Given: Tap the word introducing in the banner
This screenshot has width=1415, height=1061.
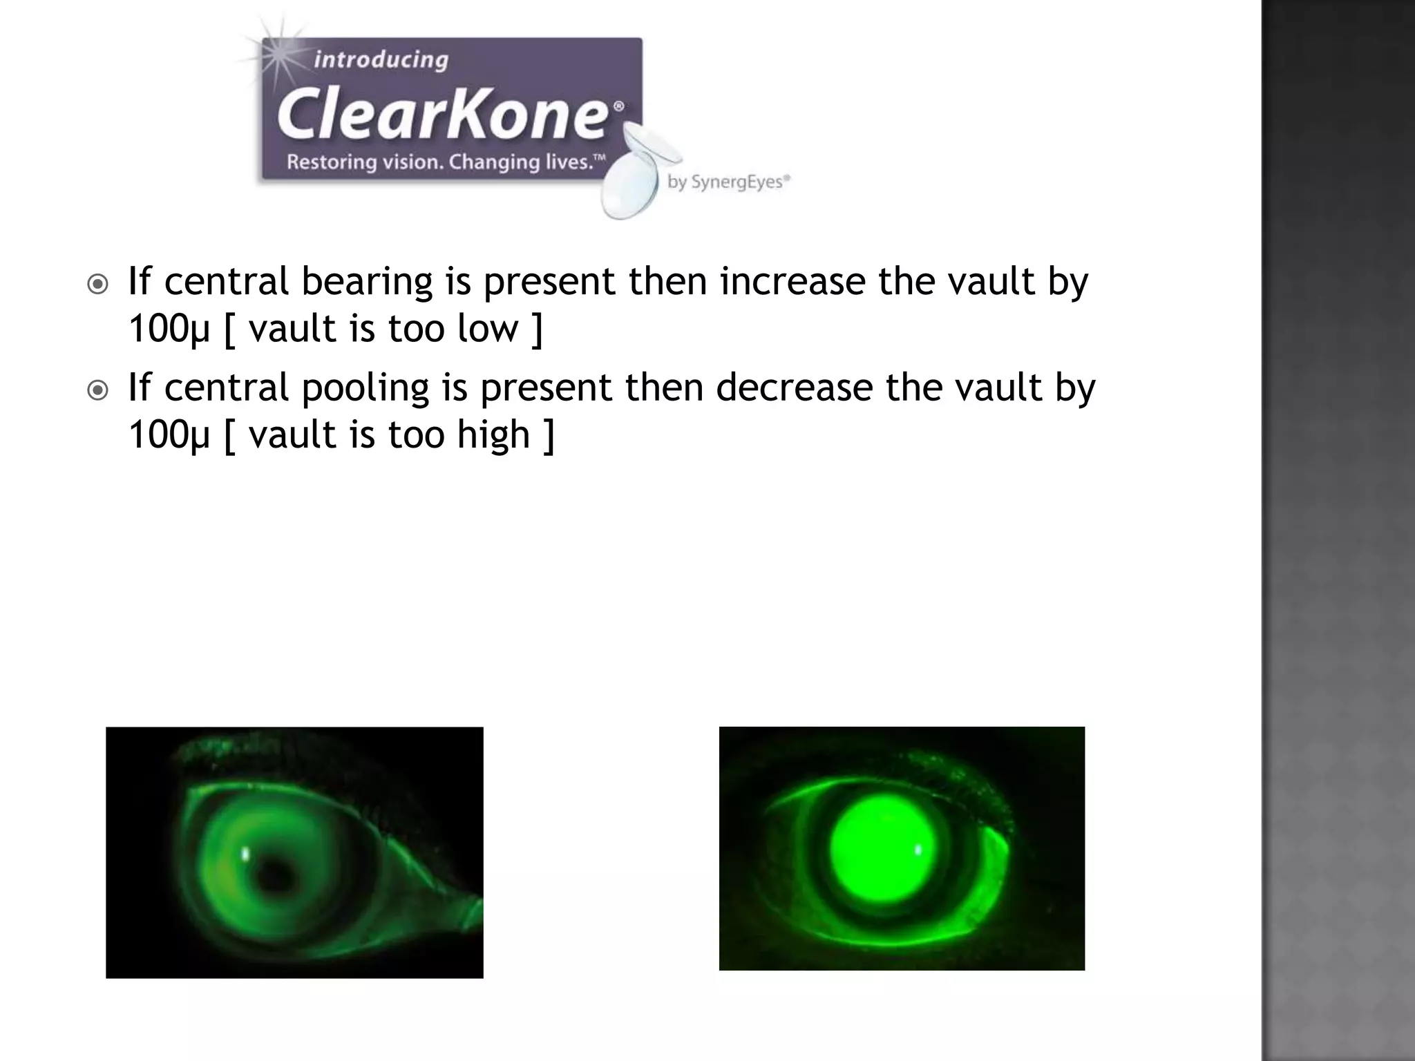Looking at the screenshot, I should tap(381, 60).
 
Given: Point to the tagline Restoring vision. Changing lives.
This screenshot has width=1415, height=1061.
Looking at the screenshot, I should tap(446, 162).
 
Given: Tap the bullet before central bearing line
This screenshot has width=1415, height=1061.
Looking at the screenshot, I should tap(98, 284).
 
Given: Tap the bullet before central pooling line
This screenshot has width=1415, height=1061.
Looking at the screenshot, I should tap(98, 390).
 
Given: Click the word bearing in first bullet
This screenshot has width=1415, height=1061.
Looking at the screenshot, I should tap(366, 282).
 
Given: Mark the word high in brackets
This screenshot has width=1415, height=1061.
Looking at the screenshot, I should tap(493, 435).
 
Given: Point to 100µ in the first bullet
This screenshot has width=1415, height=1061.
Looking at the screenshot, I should tap(169, 329).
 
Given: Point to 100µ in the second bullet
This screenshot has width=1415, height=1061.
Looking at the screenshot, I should tap(169, 435).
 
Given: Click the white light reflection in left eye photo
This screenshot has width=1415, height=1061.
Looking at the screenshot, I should tap(245, 854).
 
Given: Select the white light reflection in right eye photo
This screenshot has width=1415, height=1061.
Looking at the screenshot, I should tap(918, 850).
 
